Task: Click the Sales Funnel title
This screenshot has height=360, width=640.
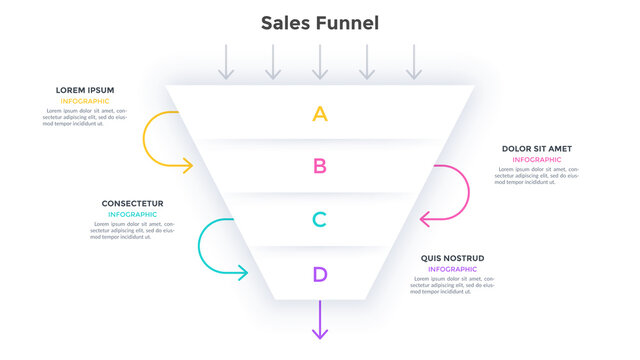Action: [320, 22]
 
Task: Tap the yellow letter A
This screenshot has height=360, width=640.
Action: [320, 114]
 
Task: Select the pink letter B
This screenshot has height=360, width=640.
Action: [320, 166]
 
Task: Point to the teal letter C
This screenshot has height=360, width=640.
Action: [320, 220]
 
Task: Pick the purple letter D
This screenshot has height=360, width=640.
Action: [320, 274]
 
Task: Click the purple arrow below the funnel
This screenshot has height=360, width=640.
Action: [320, 322]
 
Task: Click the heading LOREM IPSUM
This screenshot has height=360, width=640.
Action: [84, 90]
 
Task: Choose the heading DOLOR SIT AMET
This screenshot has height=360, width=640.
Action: [537, 149]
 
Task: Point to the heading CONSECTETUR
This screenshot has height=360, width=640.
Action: [132, 204]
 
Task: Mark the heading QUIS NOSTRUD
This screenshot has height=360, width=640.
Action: [452, 258]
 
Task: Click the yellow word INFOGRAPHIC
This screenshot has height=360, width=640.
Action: [85, 101]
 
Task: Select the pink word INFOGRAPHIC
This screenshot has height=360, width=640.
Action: [537, 160]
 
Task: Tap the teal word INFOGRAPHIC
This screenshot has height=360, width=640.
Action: [132, 215]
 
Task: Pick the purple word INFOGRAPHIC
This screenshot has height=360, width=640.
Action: [452, 269]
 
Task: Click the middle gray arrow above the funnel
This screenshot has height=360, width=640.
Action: [320, 61]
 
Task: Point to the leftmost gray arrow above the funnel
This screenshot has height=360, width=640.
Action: [227, 61]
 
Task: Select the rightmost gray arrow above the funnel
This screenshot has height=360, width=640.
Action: [414, 61]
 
